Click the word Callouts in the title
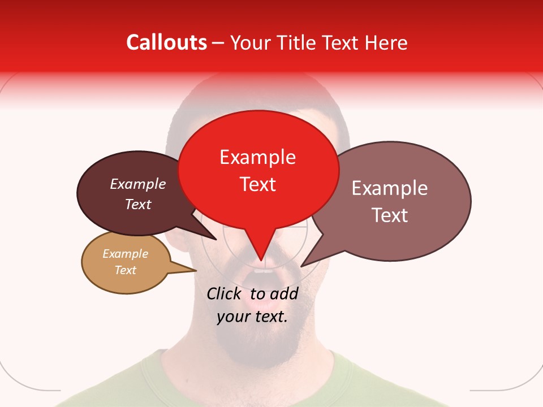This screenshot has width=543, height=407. tap(166, 43)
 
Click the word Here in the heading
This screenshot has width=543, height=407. tap(386, 43)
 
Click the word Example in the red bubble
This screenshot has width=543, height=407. tap(257, 157)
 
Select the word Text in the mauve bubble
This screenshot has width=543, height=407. tap(390, 215)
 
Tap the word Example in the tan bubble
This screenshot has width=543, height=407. tap(126, 254)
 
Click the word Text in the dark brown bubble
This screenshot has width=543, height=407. tap(138, 205)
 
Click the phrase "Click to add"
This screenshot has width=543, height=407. tap(252, 293)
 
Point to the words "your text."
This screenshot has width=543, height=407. tap(252, 317)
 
